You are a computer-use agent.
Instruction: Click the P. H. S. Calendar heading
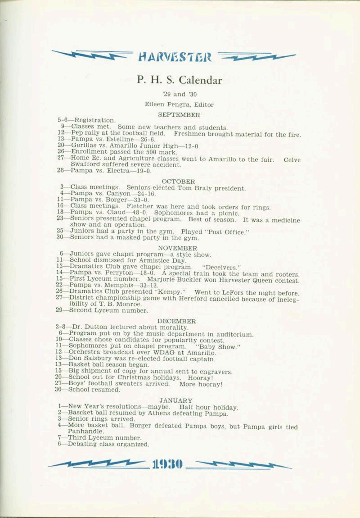(x=179, y=80)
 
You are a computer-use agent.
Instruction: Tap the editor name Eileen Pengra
(x=162, y=104)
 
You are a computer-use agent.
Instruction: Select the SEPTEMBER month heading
(x=179, y=115)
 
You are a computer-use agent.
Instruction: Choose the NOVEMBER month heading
(x=177, y=248)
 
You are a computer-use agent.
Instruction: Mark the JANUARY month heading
(x=175, y=400)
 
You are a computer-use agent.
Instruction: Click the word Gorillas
(x=84, y=146)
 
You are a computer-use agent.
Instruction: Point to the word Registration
(x=94, y=121)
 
